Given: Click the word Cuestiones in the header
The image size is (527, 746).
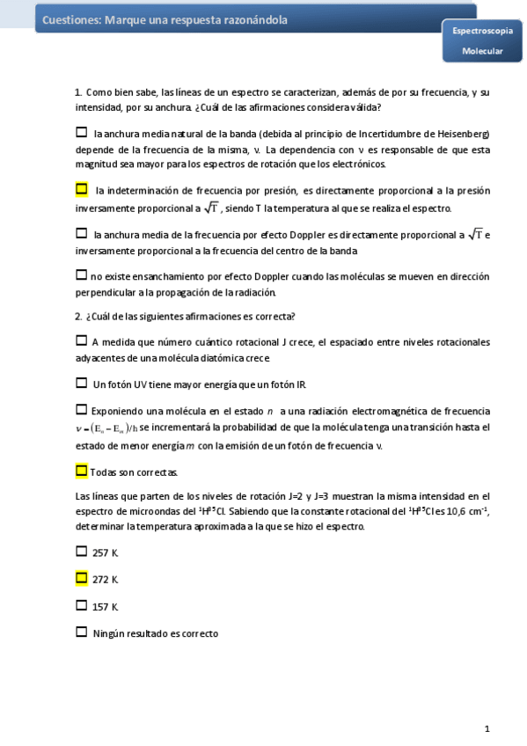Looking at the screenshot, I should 70,19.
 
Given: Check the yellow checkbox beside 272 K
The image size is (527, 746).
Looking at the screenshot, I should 82,578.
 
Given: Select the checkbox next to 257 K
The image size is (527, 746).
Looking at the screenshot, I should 82,552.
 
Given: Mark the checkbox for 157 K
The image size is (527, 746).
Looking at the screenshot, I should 82,605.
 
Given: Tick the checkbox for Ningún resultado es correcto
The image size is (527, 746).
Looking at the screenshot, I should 82,632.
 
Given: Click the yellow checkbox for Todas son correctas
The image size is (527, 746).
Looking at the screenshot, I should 82,471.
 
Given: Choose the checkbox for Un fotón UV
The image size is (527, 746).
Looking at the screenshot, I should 82,383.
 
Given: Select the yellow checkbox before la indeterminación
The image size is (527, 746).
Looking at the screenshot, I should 82,189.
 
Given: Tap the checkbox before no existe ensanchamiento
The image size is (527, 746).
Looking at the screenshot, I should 82,274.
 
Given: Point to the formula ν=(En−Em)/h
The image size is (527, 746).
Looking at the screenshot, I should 107,428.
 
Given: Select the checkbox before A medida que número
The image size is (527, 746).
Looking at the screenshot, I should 82,340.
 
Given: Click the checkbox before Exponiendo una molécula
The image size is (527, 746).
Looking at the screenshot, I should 82,409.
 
